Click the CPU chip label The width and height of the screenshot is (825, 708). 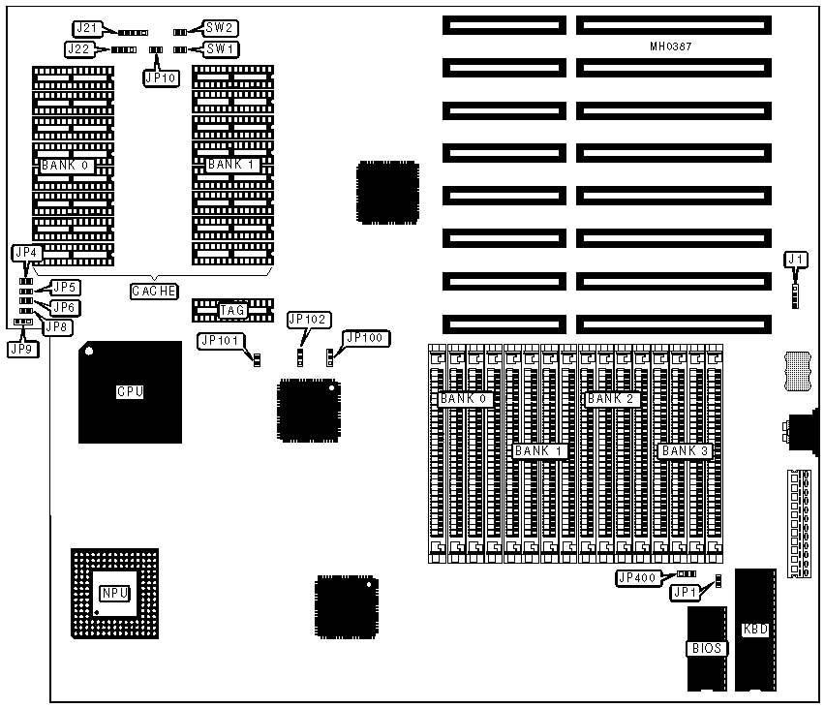click(130, 392)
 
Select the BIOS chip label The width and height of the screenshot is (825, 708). click(706, 648)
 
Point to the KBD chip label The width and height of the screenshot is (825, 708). click(755, 629)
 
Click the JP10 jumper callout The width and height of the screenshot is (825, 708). click(161, 78)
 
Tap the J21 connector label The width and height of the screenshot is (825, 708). click(86, 27)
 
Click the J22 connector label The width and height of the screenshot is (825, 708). click(82, 47)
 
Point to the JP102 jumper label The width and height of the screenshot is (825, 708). click(309, 320)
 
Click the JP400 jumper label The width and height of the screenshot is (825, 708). click(638, 578)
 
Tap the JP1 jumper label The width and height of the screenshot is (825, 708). click(686, 592)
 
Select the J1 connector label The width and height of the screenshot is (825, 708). click(796, 259)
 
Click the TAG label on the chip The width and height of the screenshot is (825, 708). click(232, 310)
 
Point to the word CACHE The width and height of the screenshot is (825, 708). click(154, 291)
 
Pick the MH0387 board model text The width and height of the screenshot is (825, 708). click(671, 46)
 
